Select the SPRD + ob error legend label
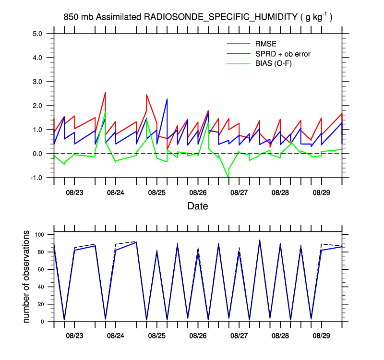tap(283, 54)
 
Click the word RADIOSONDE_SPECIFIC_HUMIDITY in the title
tap(221, 18)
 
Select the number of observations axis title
tap(27, 276)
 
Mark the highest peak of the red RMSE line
tap(105, 92)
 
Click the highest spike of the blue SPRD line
tap(167, 99)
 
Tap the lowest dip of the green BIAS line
tap(228, 178)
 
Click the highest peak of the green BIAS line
tap(105, 112)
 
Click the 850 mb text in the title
tap(78, 18)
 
